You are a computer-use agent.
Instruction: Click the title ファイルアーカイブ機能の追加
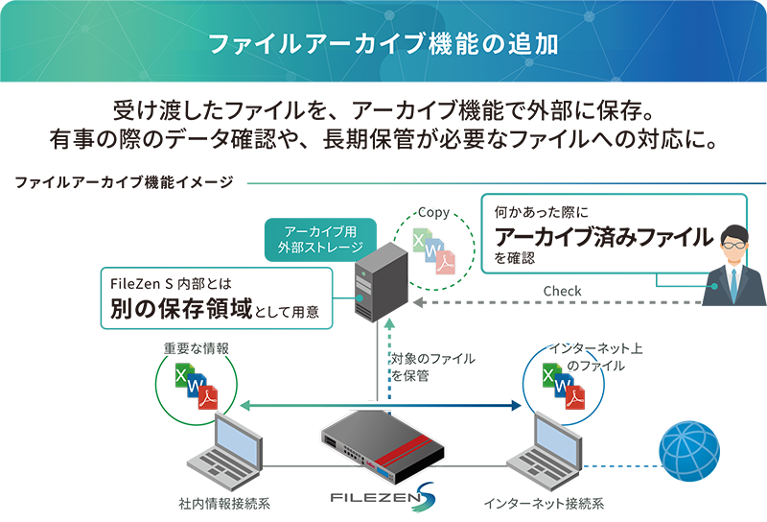(383, 44)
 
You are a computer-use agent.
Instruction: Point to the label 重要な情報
(196, 348)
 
